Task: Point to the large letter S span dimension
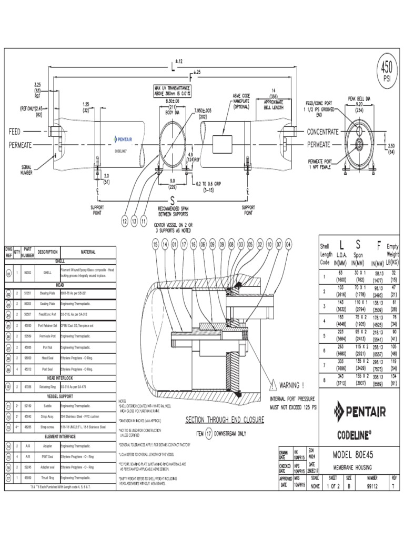(172, 201)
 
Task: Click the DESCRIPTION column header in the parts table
(48, 252)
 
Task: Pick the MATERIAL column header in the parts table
(88, 252)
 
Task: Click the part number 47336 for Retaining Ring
(28, 386)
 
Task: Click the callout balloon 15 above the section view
(155, 245)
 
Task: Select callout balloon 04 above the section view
(288, 245)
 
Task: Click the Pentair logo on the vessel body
(125, 139)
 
